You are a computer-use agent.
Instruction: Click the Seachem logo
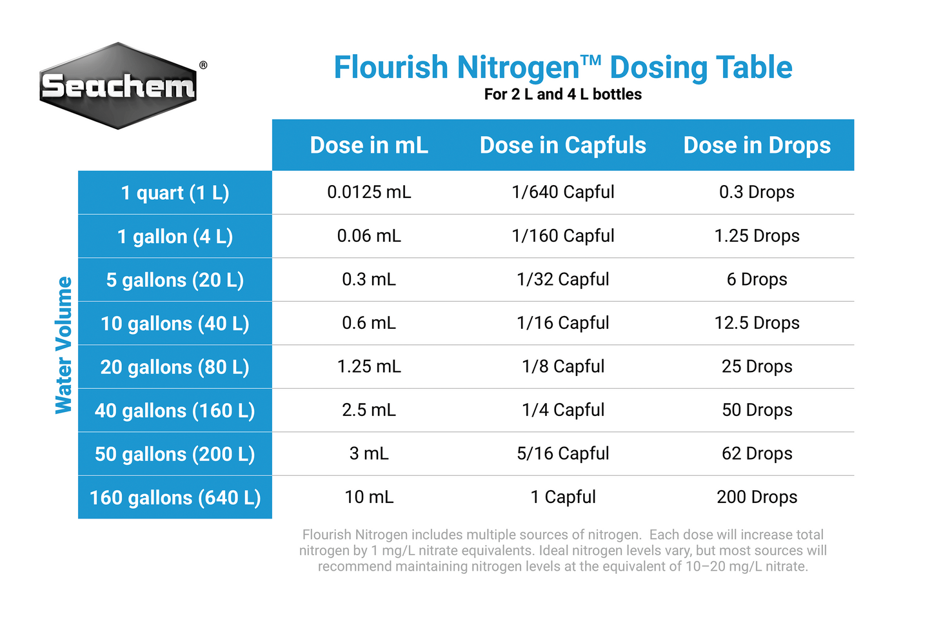pos(118,86)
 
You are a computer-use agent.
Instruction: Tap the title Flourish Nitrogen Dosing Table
pos(562,67)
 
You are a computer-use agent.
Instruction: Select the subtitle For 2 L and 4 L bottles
pos(562,94)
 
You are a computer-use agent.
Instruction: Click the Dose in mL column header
pos(369,145)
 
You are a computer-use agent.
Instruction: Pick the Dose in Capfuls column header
pos(562,145)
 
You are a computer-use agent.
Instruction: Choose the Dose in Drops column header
pos(757,145)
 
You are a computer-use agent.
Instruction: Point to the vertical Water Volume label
pos(63,345)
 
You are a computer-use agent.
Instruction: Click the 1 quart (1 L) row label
pos(175,193)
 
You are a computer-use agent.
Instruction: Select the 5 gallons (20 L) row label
pos(175,280)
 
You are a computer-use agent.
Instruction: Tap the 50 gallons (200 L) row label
pos(175,454)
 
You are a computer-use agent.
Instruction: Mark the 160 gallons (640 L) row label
pos(175,497)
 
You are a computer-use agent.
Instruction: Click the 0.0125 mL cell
pos(369,192)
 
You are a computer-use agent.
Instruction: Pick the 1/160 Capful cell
pos(562,236)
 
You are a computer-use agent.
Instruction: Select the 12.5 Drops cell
pos(757,323)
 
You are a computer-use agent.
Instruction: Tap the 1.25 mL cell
pos(369,366)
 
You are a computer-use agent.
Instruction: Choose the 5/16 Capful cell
pos(562,453)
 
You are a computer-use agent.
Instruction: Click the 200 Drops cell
pos(757,497)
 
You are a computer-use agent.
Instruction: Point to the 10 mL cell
pos(369,497)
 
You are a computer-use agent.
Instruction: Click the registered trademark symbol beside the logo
pos(203,65)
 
